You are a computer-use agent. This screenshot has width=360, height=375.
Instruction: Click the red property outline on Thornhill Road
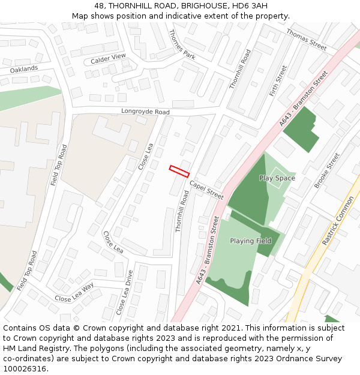(179, 170)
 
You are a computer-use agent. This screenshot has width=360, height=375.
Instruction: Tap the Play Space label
(277, 178)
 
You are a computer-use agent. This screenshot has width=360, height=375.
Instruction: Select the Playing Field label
(251, 241)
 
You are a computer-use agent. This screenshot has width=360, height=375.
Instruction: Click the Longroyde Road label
(145, 112)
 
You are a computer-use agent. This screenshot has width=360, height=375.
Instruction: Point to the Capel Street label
(206, 190)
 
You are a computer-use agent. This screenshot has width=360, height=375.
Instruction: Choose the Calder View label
(108, 59)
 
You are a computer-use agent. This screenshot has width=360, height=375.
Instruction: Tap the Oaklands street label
(24, 69)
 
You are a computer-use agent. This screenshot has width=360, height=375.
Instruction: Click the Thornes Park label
(182, 44)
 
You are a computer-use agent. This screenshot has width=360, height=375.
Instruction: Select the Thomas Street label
(306, 39)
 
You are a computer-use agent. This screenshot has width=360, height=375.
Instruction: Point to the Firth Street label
(278, 82)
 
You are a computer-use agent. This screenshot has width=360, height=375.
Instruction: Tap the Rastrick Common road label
(338, 221)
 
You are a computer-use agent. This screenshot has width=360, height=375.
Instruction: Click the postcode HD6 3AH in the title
(247, 5)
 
